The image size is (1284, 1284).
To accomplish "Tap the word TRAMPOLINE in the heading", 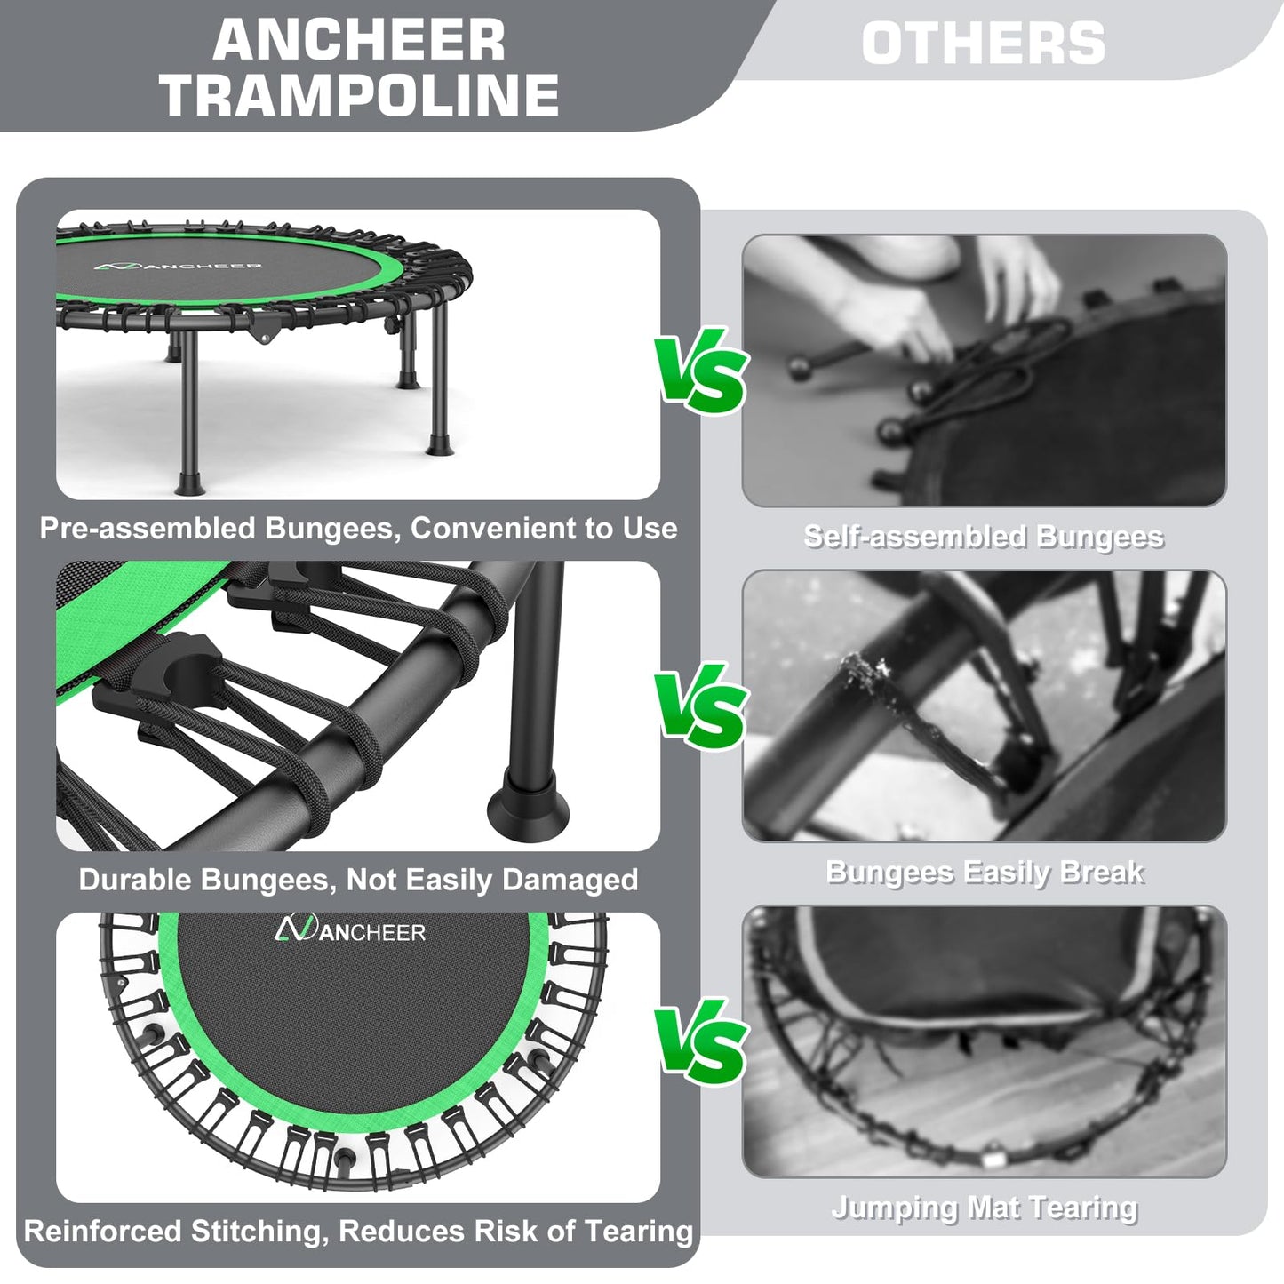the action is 360,94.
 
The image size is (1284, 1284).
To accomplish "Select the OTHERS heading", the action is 984,44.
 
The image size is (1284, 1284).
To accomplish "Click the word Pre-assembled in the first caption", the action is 148,529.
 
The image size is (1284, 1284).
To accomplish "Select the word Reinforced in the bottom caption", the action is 103,1231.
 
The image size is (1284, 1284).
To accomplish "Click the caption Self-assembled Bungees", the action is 984,537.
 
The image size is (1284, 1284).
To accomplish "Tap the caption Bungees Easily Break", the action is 985,873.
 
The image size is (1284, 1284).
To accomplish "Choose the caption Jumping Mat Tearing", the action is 985,1208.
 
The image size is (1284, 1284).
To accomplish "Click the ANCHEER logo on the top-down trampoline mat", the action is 350,929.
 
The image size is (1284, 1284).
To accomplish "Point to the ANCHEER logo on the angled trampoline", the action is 178,267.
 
